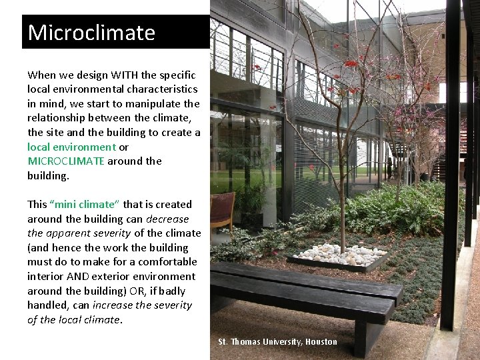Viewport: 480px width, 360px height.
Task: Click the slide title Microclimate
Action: (91, 33)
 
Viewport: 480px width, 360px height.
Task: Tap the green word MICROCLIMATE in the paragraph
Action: (66, 161)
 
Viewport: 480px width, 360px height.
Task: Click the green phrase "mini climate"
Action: (85, 204)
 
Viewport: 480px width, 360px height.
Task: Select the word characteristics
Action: (163, 89)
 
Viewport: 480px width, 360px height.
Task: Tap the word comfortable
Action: (163, 261)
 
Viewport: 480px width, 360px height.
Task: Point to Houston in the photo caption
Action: (321, 342)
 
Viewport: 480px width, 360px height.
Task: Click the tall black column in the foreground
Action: (452, 167)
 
